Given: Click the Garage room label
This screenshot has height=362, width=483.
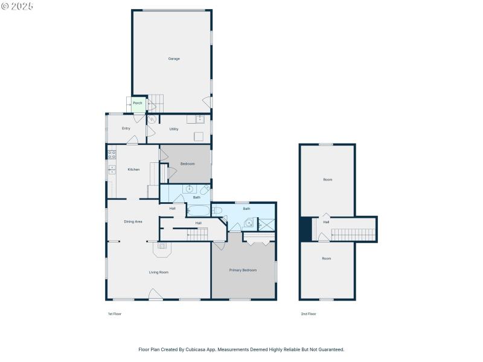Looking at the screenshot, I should (x=174, y=59).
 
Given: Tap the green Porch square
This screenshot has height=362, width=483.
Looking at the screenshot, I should (x=138, y=104).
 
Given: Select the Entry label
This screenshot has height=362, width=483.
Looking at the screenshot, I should (x=126, y=129).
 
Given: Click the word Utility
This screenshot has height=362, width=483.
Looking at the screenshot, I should (x=174, y=129).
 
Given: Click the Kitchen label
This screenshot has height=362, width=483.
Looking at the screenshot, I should (x=133, y=170).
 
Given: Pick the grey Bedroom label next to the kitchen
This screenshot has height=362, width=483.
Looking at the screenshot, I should (x=187, y=164).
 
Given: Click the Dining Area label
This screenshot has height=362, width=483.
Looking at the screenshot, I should (x=133, y=222).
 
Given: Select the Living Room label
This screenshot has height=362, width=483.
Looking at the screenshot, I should (x=159, y=273).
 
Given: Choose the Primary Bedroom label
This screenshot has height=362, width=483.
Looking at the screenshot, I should (x=243, y=270).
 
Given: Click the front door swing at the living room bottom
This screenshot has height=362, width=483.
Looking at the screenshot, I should (x=155, y=294).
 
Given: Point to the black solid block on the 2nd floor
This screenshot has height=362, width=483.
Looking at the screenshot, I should (x=305, y=229).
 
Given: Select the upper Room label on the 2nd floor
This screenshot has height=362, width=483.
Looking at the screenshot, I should (x=327, y=180).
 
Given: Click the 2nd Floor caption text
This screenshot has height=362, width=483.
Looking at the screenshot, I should (x=309, y=314).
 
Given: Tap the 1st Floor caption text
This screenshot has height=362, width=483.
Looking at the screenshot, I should (x=114, y=314).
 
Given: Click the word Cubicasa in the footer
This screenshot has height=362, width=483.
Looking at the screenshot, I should (x=199, y=349).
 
